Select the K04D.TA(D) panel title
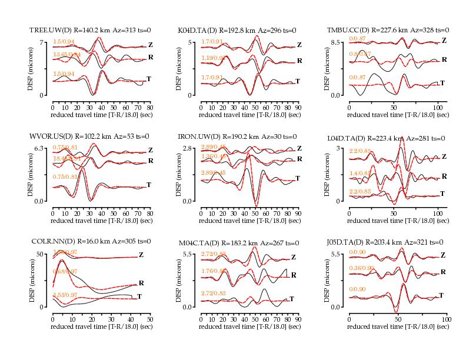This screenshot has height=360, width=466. (x=237, y=30)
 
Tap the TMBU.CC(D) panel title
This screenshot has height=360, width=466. (x=388, y=30)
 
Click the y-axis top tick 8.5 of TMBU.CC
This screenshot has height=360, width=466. (x=338, y=42)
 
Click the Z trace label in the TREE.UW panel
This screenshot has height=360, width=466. (x=151, y=45)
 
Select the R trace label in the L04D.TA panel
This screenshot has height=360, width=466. (x=444, y=176)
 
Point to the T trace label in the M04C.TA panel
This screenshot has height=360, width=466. (x=292, y=299)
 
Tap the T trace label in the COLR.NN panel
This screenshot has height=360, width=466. (x=139, y=296)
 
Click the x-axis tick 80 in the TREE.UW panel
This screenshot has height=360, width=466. (x=150, y=107)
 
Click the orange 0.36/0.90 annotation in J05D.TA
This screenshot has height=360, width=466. (x=360, y=268)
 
